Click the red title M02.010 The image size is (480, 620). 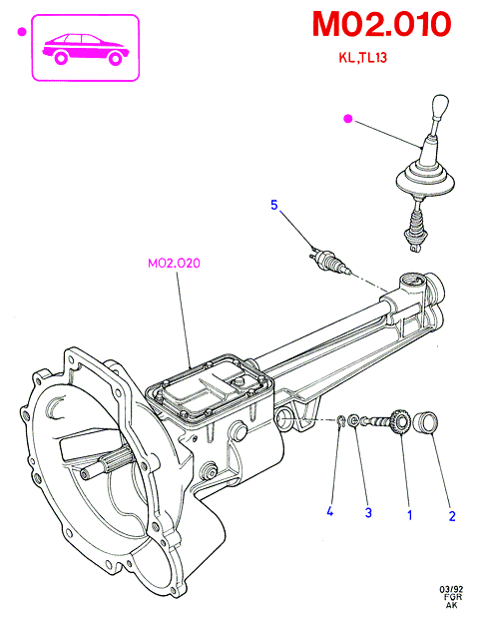pyautogui.click(x=381, y=24)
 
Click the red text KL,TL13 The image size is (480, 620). pyautogui.click(x=362, y=58)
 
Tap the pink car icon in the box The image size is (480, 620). pyautogui.click(x=86, y=49)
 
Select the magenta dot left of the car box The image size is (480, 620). pyautogui.click(x=22, y=32)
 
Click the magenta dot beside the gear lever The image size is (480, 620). pyautogui.click(x=348, y=119)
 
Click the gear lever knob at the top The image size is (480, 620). pyautogui.click(x=440, y=106)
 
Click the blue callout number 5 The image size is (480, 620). pyautogui.click(x=274, y=205)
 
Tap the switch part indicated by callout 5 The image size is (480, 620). pyautogui.click(x=329, y=260)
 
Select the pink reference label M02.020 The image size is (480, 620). pyautogui.click(x=174, y=264)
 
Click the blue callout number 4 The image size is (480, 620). pyautogui.click(x=330, y=511)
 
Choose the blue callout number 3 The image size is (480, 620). pyautogui.click(x=368, y=512)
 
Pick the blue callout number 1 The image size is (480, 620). pyautogui.click(x=410, y=515)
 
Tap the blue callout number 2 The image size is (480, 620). pyautogui.click(x=452, y=516)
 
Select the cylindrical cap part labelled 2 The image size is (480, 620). pyautogui.click(x=425, y=422)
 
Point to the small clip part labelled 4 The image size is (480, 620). pyautogui.click(x=341, y=421)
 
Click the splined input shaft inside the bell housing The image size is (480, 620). pyautogui.click(x=107, y=462)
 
